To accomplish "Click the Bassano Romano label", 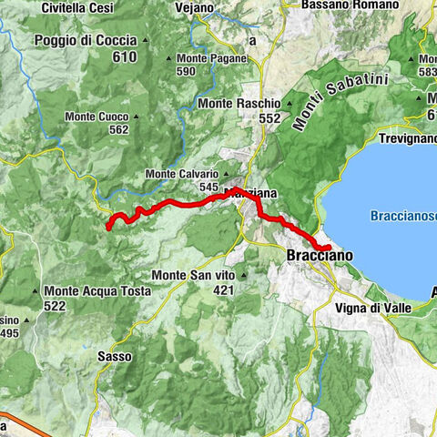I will (351, 6).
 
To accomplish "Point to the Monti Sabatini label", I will (340, 103).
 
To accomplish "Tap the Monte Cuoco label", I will (97, 117).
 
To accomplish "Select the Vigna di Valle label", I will (372, 309).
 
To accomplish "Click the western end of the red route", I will (108, 227).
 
